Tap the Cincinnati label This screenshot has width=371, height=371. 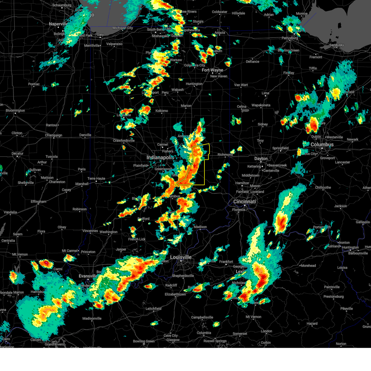[x=245, y=202]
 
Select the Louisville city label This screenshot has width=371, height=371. [x=181, y=257]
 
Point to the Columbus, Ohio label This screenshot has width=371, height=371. [x=322, y=145]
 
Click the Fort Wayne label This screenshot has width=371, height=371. [x=212, y=70]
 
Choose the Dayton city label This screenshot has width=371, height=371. [x=261, y=159]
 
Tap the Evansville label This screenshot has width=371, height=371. [x=88, y=276]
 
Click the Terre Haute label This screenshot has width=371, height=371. [x=96, y=179]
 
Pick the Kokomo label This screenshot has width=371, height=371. [x=162, y=111]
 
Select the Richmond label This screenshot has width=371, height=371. [x=225, y=155]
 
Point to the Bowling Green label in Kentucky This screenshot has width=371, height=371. [x=143, y=341]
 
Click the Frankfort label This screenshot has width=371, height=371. [x=226, y=262]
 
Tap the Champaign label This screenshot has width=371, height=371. [x=53, y=135]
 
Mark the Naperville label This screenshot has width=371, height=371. [x=58, y=24]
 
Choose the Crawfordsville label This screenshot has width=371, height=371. [x=124, y=141]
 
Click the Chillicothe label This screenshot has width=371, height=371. [x=323, y=187]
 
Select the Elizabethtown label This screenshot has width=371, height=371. [x=175, y=294]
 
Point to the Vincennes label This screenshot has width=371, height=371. [x=90, y=231]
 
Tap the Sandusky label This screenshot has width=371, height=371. [x=336, y=45]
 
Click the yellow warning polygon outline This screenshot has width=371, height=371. [x=204, y=173]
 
